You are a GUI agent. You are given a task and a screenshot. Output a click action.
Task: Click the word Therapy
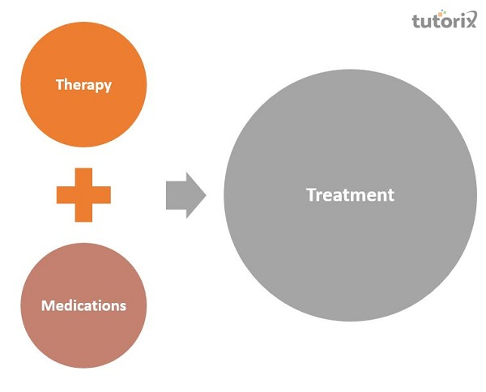pyautogui.click(x=83, y=84)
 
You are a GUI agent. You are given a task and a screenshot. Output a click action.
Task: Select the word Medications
pyautogui.click(x=83, y=305)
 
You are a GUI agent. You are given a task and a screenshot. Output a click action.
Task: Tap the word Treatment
pyautogui.click(x=350, y=195)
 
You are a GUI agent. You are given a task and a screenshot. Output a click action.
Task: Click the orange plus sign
pyautogui.click(x=83, y=194)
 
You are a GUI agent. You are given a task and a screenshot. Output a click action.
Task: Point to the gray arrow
pyautogui.click(x=185, y=195)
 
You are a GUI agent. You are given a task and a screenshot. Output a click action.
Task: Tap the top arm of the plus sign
pyautogui.click(x=83, y=177)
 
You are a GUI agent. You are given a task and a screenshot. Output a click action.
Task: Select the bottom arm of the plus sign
pyautogui.click(x=83, y=212)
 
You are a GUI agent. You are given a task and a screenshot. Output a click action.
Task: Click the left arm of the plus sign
pyautogui.click(x=66, y=194)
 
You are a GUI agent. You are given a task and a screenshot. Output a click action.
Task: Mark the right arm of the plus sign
pyautogui.click(x=101, y=194)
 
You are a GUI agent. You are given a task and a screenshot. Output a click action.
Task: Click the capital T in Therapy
pyautogui.click(x=59, y=84)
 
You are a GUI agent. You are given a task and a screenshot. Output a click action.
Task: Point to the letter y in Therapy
pyautogui.click(x=108, y=86)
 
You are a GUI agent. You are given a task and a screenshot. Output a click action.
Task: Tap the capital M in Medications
pyautogui.click(x=47, y=305)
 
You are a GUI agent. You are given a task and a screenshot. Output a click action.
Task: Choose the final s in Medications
pyautogui.click(x=123, y=306)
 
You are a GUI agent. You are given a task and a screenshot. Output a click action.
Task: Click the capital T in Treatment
pyautogui.click(x=310, y=195)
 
